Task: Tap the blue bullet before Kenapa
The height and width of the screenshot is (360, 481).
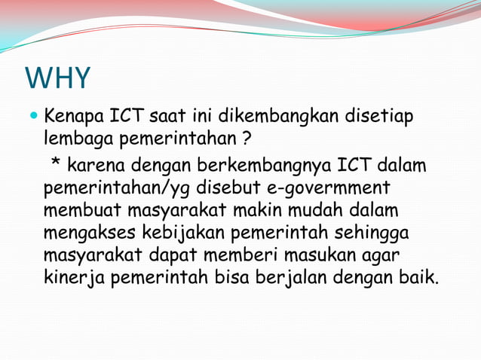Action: tap(32, 118)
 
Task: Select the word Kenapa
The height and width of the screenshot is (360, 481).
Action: tap(75, 118)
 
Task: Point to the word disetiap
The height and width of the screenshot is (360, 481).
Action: tap(380, 118)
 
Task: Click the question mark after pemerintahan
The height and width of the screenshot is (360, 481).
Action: tap(247, 141)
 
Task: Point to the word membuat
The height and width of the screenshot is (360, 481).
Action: tap(80, 209)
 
